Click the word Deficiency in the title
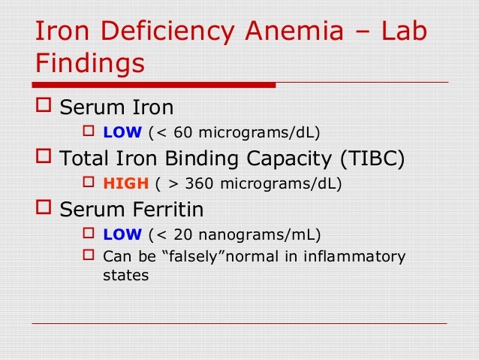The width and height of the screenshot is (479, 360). (x=171, y=32)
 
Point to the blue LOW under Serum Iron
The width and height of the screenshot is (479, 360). (x=122, y=133)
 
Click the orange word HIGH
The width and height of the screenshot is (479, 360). (x=125, y=183)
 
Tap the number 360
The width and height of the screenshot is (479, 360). (x=199, y=183)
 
